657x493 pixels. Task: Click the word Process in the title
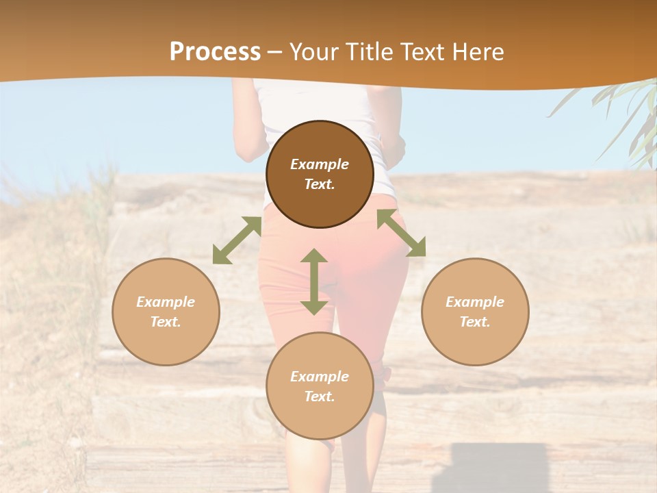(215, 52)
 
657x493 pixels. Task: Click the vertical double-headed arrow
(314, 281)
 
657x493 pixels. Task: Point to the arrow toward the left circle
(237, 240)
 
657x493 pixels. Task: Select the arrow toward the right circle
(401, 233)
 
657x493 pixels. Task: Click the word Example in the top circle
(320, 164)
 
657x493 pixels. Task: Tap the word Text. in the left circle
(166, 322)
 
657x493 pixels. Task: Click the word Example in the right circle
(475, 302)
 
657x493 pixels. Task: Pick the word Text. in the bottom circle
(320, 396)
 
